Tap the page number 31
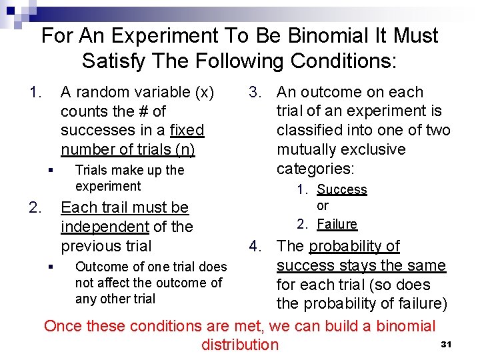point(447,344)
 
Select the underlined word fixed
point(187,130)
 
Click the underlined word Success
point(341,189)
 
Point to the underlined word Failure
point(337,224)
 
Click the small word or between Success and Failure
point(323,206)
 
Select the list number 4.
point(255,246)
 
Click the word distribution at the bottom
point(240,345)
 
